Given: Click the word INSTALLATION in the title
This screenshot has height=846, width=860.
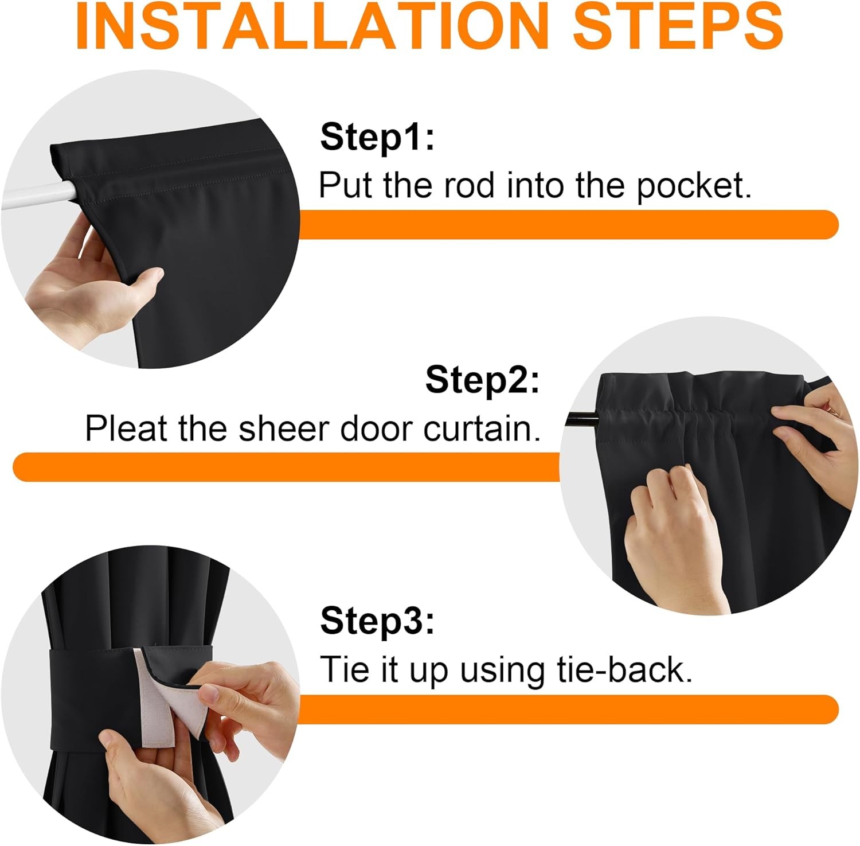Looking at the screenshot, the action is [x=312, y=26].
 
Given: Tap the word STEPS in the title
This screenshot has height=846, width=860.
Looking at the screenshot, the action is [x=678, y=26].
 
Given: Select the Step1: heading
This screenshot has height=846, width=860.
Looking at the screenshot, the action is [x=377, y=138].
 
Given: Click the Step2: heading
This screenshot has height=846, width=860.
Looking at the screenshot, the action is [x=482, y=380].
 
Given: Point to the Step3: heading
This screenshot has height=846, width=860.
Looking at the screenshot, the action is [x=377, y=621].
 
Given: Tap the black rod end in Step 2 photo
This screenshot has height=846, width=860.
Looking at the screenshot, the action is [x=582, y=420].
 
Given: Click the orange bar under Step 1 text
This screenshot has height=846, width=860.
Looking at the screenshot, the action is [x=568, y=225].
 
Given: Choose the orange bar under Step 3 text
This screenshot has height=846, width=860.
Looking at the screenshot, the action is [x=568, y=709].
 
